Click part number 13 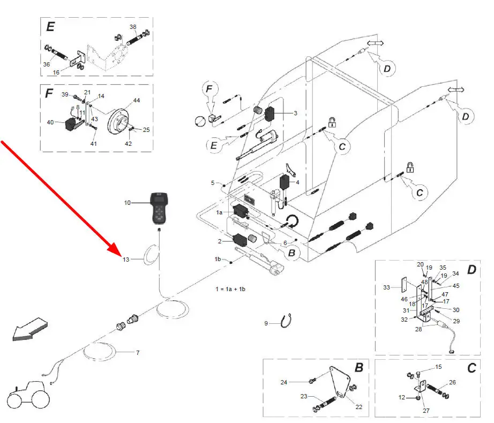pyautogui.click(x=126, y=259)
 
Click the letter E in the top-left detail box pyautogui.click(x=50, y=27)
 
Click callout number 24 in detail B pyautogui.click(x=283, y=382)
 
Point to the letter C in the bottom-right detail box pyautogui.click(x=471, y=369)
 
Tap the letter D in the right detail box pyautogui.click(x=471, y=270)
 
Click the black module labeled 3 pyautogui.click(x=269, y=114)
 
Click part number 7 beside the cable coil pyautogui.click(x=137, y=353)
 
